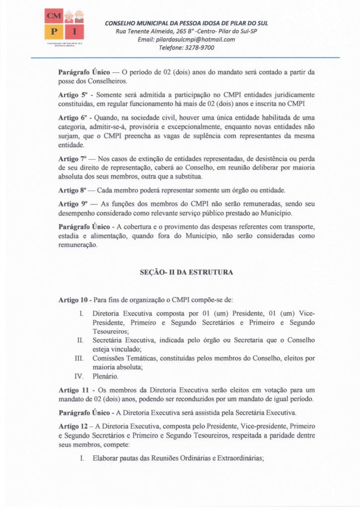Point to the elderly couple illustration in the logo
click(73, 16)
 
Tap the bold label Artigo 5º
click(72, 95)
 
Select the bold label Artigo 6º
click(72, 118)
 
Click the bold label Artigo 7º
click(72, 158)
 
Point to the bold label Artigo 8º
click(72, 190)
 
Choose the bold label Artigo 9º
click(72, 203)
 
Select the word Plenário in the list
click(105, 376)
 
